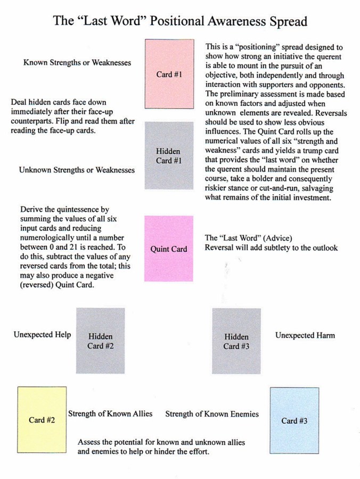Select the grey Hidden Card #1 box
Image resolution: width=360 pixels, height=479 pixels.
tap(169, 155)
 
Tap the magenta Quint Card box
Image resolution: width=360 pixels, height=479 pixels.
tap(169, 248)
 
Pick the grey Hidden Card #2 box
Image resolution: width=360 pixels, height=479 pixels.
tap(100, 341)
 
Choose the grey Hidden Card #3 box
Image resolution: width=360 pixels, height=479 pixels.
tap(236, 341)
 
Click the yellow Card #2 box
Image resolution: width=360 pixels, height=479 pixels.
tap(42, 419)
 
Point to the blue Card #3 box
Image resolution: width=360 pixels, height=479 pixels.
tap(294, 420)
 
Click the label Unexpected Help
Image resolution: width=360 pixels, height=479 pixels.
tap(42, 335)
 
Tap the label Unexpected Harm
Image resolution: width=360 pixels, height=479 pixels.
tap(305, 335)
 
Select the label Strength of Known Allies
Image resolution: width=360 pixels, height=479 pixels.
tap(110, 414)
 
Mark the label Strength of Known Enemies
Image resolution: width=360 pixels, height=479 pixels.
tap(212, 414)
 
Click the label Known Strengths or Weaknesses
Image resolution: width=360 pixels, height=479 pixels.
tap(77, 62)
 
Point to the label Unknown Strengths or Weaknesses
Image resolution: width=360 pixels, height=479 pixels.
tap(77, 170)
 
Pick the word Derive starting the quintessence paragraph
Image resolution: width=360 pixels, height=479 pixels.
tap(32, 209)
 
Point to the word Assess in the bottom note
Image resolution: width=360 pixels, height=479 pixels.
tap(89, 442)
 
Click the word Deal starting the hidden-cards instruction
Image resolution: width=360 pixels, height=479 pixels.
tap(19, 102)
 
